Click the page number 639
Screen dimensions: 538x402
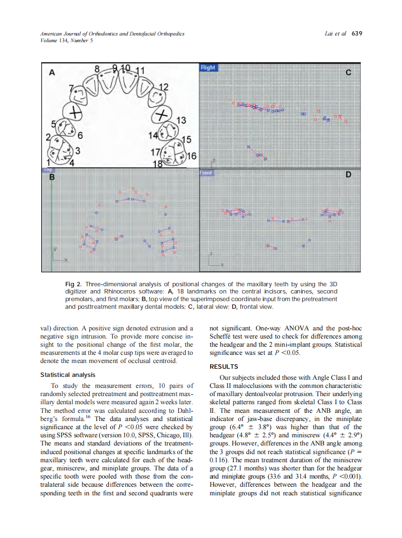click(356, 34)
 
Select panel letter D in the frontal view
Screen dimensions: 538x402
click(349, 176)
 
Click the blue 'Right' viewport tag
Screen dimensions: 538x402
click(208, 68)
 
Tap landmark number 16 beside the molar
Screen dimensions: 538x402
click(191, 156)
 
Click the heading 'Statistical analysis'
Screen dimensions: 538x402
click(68, 374)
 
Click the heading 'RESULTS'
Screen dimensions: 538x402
click(224, 366)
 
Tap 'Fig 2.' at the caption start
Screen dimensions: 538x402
click(73, 285)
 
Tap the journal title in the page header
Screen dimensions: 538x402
click(112, 34)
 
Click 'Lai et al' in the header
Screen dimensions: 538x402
click(335, 34)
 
